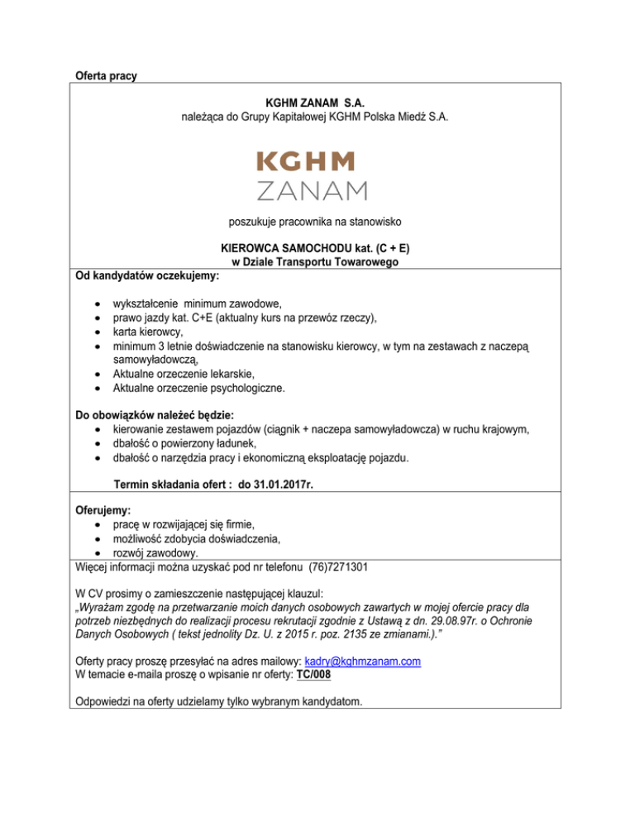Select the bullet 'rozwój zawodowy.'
(x=157, y=552)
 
